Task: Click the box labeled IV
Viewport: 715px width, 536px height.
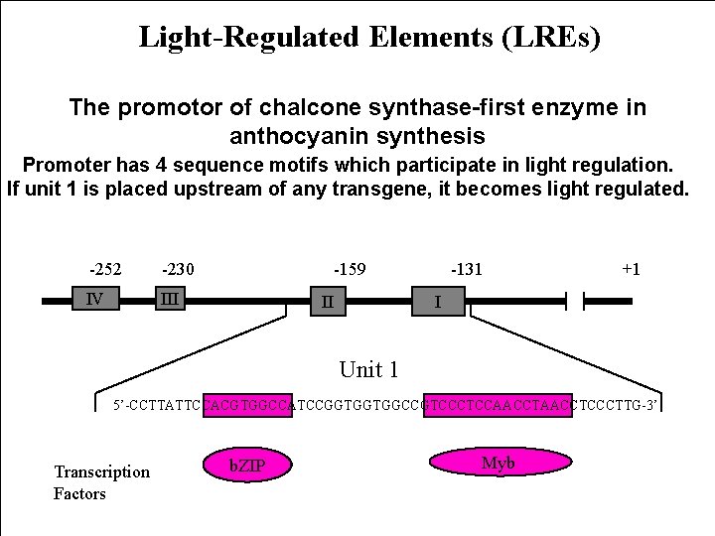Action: (x=99, y=298)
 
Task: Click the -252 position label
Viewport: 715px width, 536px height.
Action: (x=104, y=269)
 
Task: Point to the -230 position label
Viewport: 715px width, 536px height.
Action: (x=178, y=269)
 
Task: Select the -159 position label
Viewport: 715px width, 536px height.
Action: (x=349, y=269)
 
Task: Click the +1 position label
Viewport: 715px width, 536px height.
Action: (x=630, y=269)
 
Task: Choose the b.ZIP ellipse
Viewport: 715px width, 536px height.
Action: (x=247, y=464)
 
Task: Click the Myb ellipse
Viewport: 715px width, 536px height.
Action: (x=499, y=462)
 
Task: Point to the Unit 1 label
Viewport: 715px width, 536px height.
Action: (x=368, y=370)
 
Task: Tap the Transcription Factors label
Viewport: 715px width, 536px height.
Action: (x=101, y=482)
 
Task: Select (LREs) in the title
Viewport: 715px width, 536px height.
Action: (x=551, y=38)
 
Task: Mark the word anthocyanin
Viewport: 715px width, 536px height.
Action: (x=302, y=135)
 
